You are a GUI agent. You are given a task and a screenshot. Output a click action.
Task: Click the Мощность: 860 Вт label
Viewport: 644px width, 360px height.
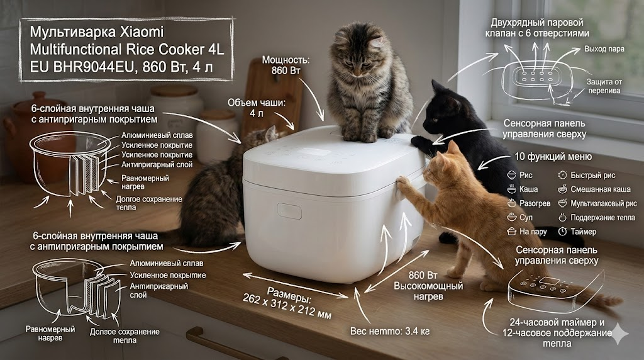click(286, 65)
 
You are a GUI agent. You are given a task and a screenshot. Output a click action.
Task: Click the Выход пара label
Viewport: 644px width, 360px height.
click(604, 49)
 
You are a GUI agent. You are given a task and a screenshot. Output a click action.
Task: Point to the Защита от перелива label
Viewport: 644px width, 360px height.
click(604, 86)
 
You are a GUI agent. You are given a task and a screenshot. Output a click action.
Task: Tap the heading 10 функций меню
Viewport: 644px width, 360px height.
click(553, 157)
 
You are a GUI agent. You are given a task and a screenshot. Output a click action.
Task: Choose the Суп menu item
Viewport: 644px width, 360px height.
click(526, 217)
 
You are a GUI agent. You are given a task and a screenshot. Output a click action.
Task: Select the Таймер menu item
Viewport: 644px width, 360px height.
click(583, 232)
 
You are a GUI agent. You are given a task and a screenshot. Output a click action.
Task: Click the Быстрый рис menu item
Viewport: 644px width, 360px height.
click(592, 175)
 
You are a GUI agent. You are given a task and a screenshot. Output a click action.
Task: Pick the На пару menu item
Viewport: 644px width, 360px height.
click(533, 232)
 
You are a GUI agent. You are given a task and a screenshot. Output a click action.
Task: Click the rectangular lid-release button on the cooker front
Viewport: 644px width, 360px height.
click(289, 210)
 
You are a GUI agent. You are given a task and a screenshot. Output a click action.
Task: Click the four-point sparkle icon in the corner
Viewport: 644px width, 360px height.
click(619, 334)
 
